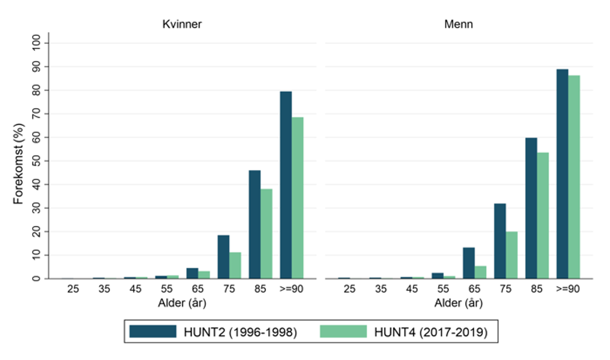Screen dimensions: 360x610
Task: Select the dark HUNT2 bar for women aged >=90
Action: (x=286, y=185)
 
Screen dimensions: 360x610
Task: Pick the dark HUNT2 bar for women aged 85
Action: (x=255, y=225)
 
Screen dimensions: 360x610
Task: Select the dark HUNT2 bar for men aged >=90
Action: (x=562, y=174)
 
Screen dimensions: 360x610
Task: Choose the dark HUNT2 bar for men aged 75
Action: (x=500, y=241)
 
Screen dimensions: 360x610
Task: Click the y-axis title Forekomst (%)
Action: (x=19, y=161)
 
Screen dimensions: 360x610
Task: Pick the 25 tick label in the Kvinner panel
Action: (x=72, y=290)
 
